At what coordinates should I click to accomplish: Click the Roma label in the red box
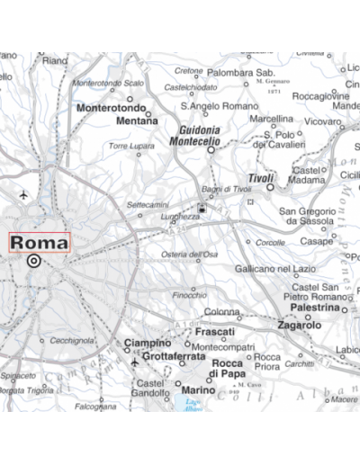(x=39, y=243)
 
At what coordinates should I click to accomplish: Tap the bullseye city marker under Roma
(x=34, y=262)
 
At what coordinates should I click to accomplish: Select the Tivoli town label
(x=260, y=178)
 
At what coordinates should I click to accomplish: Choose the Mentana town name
(x=137, y=120)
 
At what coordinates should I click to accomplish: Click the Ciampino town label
(x=146, y=343)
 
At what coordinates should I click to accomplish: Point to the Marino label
(x=198, y=390)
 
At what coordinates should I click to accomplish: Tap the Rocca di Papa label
(x=227, y=368)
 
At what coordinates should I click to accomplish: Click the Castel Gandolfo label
(x=149, y=388)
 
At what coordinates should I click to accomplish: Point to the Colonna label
(x=221, y=311)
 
